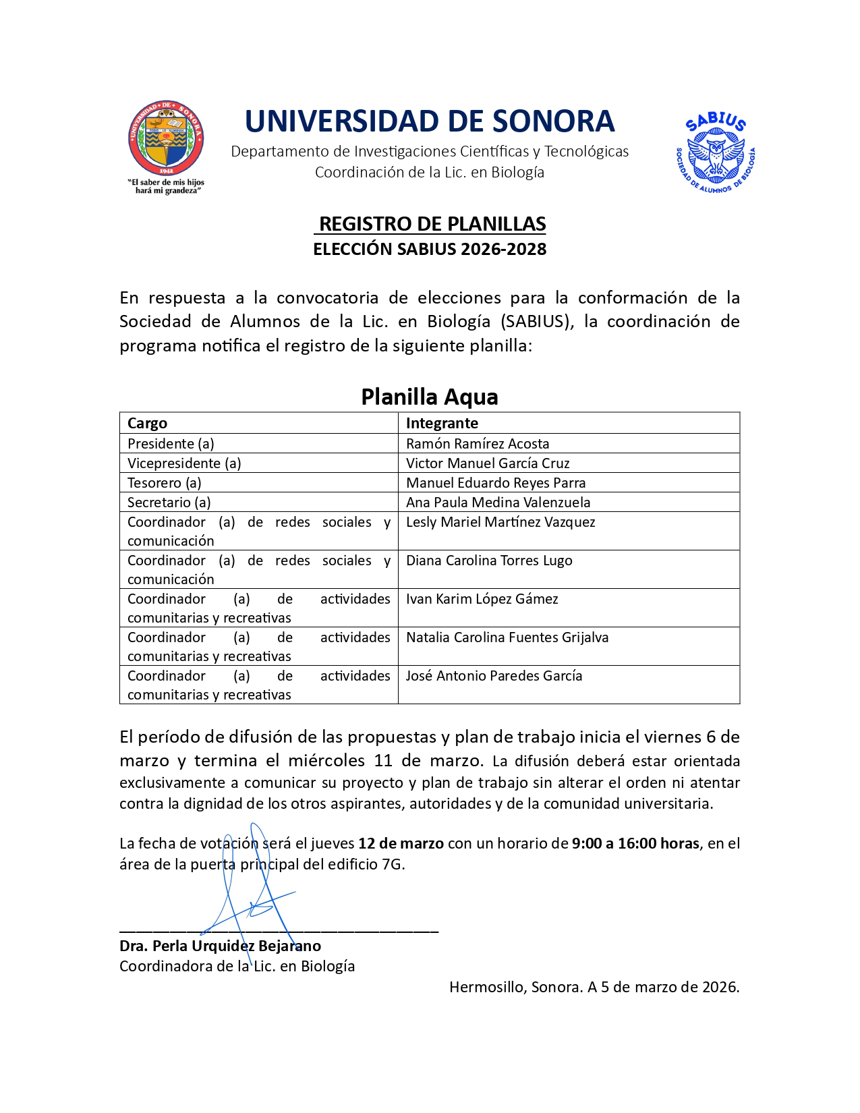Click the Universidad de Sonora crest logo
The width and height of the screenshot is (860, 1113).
[166, 139]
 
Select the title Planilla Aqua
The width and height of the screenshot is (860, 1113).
[430, 397]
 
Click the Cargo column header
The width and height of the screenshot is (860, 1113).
[147, 424]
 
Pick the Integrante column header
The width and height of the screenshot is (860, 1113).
[442, 424]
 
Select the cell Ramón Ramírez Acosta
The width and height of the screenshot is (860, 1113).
[478, 444]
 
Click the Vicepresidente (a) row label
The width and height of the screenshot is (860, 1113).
[184, 463]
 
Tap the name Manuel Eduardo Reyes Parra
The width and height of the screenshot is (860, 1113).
[496, 483]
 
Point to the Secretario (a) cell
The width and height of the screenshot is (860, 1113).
[169, 503]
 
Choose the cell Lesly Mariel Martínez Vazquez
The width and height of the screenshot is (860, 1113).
[500, 522]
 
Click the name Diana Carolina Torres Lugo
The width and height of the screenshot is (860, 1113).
[489, 561]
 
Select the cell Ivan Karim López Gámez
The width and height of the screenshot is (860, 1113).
[482, 599]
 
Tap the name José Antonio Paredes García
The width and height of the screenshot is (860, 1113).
[494, 676]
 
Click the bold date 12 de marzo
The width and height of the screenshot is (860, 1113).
[401, 844]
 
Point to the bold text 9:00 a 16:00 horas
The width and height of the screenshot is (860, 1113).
[635, 844]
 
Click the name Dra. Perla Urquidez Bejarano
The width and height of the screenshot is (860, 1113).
[220, 946]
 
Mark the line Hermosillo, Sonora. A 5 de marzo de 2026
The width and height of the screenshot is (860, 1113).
[594, 988]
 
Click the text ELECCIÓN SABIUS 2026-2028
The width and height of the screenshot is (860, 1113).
[430, 250]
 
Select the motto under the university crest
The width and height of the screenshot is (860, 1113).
[166, 187]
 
